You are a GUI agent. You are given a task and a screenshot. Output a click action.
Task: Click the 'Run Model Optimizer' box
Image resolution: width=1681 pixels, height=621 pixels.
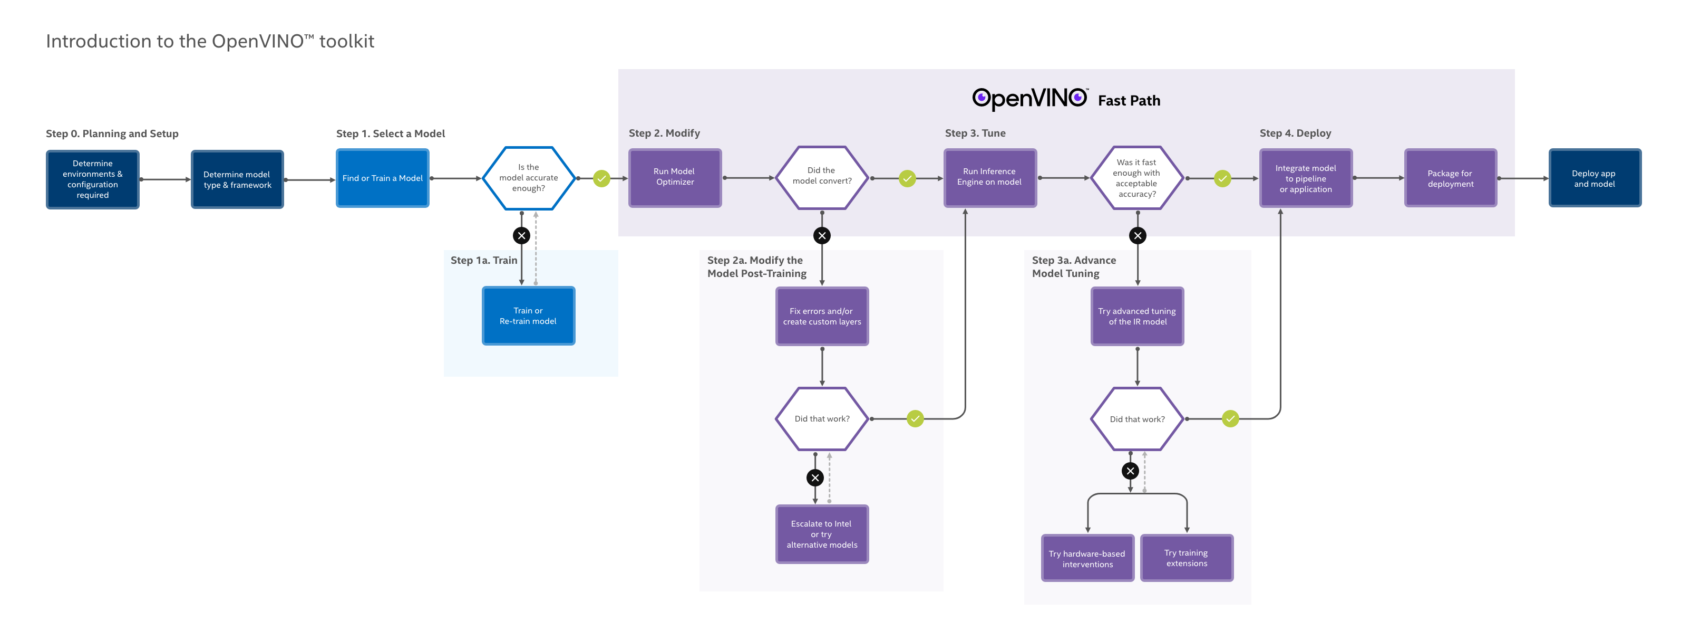tap(675, 178)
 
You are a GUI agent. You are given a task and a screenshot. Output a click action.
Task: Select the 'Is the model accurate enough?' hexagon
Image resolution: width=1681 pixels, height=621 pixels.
tap(529, 178)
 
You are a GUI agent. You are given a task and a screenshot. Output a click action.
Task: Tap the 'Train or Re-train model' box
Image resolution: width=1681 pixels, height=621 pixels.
tap(528, 316)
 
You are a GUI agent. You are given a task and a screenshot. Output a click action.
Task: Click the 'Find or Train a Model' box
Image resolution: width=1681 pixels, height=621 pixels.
tap(382, 178)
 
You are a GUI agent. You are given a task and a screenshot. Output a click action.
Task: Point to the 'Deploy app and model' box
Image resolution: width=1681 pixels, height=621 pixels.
tap(1594, 178)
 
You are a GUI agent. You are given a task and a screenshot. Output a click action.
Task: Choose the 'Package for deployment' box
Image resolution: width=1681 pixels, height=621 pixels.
tap(1450, 178)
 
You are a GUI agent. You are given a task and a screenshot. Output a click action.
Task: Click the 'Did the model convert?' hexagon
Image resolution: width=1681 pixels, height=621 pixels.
tap(822, 176)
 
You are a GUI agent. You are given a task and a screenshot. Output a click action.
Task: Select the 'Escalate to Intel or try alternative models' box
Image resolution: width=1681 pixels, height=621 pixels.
tap(822, 533)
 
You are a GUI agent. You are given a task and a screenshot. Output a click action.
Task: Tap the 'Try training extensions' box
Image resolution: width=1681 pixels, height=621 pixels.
tap(1187, 558)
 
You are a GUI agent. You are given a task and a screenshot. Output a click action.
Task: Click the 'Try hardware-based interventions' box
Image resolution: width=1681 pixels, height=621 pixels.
tap(1087, 558)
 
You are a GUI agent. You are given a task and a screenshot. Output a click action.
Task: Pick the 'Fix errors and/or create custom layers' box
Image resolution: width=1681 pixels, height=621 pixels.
tap(822, 316)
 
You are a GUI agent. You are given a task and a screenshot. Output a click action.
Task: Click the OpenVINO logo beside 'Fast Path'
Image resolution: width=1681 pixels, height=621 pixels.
tap(1029, 99)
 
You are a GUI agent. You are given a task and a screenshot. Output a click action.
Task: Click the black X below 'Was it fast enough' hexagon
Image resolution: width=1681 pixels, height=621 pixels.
tap(1138, 236)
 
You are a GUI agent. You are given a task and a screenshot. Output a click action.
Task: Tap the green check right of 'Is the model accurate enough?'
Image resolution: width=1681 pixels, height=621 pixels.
tap(601, 178)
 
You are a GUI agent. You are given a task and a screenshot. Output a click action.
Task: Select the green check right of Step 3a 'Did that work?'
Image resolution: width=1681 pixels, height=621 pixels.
tap(1230, 418)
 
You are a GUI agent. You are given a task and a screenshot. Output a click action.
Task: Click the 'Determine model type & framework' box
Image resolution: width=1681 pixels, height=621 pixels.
tap(237, 179)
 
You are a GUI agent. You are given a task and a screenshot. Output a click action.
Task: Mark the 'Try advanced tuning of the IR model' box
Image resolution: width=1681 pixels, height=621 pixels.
tap(1137, 316)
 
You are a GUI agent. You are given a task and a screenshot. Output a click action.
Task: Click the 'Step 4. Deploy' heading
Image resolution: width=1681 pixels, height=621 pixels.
tap(1295, 133)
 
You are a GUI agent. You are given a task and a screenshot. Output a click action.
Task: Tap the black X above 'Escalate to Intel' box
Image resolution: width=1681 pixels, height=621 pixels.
tap(815, 478)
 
